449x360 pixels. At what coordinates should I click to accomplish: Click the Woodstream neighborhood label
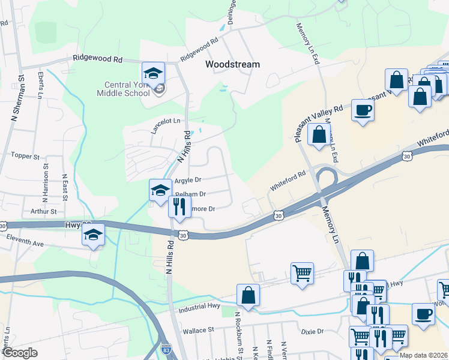[232, 64]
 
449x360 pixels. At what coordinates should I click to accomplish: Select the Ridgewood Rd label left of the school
[97, 59]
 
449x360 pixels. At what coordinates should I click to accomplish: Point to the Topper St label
[25, 156]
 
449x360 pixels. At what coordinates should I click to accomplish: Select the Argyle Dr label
[188, 179]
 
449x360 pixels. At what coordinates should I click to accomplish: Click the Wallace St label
[199, 330]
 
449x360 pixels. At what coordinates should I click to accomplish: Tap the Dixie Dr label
[312, 331]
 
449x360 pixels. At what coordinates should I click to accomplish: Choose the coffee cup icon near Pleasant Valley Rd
[362, 110]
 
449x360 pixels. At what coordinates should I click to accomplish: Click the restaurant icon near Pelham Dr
[179, 207]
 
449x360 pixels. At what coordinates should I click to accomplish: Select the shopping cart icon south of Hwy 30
[301, 273]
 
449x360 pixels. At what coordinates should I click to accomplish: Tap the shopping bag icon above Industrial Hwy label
[248, 295]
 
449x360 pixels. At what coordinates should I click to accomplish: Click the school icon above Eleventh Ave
[93, 235]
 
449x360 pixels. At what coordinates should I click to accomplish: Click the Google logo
[20, 353]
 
